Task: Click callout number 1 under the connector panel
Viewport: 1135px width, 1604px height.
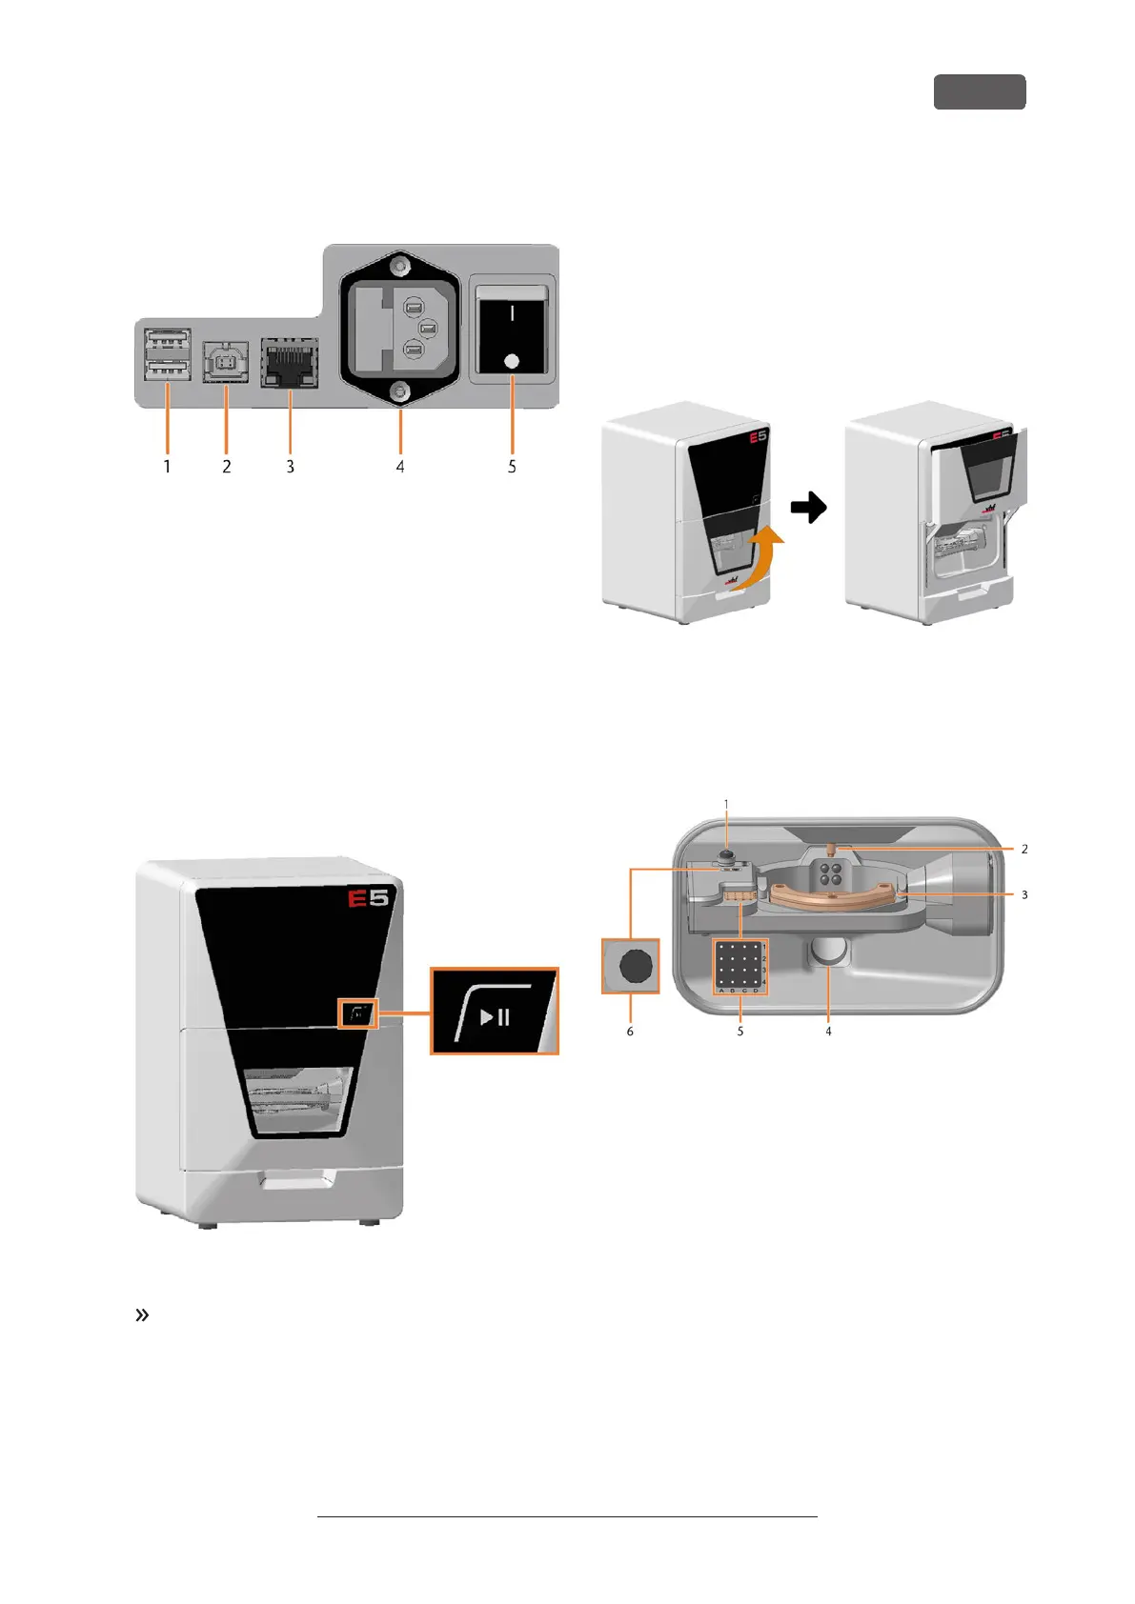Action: [x=168, y=467]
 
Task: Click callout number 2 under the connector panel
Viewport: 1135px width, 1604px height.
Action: [x=227, y=467]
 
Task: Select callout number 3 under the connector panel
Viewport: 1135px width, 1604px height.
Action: [x=291, y=467]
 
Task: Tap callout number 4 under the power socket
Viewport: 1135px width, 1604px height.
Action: [x=400, y=467]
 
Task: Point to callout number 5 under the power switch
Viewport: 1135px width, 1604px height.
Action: [x=512, y=467]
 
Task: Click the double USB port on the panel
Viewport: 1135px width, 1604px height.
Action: [x=169, y=354]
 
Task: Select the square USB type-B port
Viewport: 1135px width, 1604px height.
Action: [x=226, y=363]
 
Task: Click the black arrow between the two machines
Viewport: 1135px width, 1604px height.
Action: [x=809, y=508]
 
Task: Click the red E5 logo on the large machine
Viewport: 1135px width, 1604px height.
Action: [x=370, y=897]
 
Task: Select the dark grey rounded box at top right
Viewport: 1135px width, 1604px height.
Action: [x=979, y=92]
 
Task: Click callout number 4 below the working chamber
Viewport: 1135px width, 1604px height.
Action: [x=828, y=1032]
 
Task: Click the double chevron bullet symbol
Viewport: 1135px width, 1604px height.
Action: [x=143, y=1315]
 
